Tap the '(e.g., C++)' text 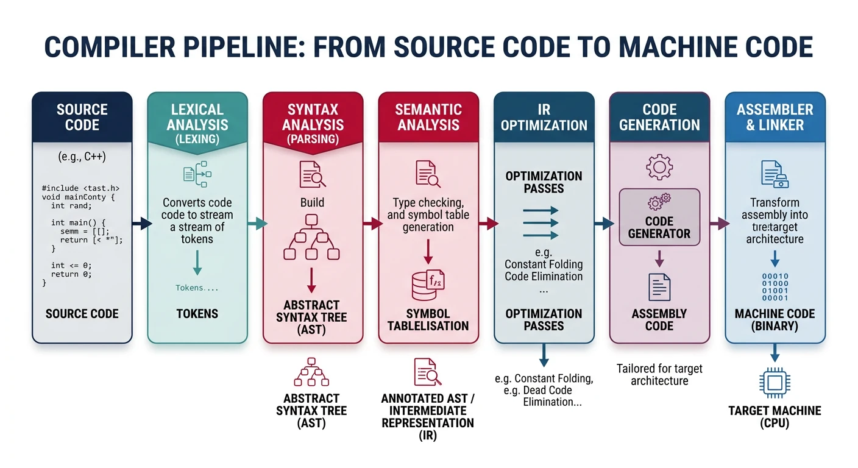point(82,157)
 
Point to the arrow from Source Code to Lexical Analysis point(141,224)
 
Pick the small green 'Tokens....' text point(196,288)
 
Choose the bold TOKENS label point(197,314)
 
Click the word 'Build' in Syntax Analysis point(312,202)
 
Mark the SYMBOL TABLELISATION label point(428,319)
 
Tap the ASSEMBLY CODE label point(659,319)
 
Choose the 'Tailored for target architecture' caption point(659,375)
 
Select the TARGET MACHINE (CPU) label point(775,417)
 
